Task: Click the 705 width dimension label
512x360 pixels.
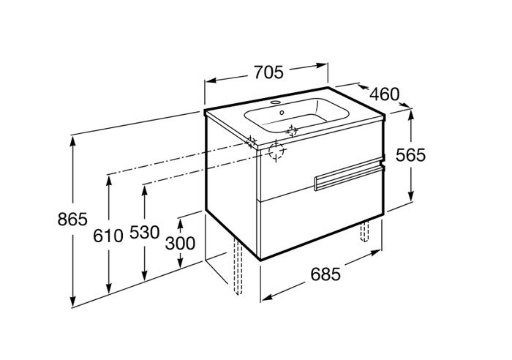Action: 268,72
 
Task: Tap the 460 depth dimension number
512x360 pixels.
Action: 384,94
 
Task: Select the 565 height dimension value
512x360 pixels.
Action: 410,155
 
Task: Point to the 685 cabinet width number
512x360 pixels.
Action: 325,274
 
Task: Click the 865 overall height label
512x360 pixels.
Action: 72,219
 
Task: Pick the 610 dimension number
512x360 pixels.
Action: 108,236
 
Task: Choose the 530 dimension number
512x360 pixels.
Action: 144,232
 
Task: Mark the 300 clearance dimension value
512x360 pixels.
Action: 180,243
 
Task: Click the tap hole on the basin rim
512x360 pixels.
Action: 276,102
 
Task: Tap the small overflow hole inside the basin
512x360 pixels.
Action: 282,113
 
